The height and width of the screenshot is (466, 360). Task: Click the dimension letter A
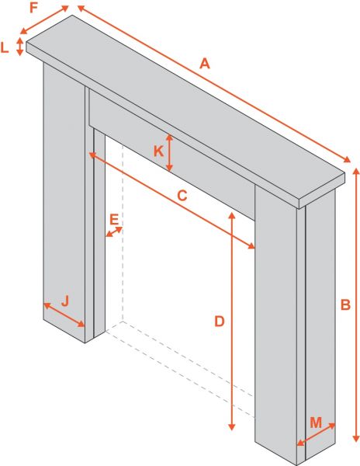pyautogui.click(x=205, y=64)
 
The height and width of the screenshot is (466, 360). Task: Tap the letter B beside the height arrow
pyautogui.click(x=345, y=305)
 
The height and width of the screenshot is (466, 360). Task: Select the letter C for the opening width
pyautogui.click(x=182, y=196)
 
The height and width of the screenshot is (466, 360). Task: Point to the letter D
pyautogui.click(x=220, y=322)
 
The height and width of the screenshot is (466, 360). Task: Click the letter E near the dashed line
pyautogui.click(x=114, y=220)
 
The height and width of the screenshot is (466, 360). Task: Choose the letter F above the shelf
pyautogui.click(x=34, y=8)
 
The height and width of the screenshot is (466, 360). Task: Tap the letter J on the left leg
pyautogui.click(x=65, y=301)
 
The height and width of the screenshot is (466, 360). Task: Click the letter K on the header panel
pyautogui.click(x=159, y=151)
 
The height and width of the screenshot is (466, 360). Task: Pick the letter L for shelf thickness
pyautogui.click(x=5, y=47)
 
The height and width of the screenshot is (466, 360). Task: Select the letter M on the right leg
pyautogui.click(x=316, y=423)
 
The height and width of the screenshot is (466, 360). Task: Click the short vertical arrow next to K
pyautogui.click(x=169, y=153)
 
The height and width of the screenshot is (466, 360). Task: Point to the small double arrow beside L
pyautogui.click(x=19, y=47)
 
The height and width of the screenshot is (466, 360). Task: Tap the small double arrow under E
pyautogui.click(x=114, y=231)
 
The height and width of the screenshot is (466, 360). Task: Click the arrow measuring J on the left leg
pyautogui.click(x=64, y=315)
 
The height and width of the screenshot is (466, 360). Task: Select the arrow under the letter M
pyautogui.click(x=316, y=434)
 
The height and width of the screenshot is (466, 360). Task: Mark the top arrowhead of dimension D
pyautogui.click(x=232, y=215)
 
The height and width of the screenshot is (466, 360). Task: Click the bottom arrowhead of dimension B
pyautogui.click(x=355, y=439)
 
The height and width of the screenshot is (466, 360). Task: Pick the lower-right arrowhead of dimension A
pyautogui.click(x=347, y=160)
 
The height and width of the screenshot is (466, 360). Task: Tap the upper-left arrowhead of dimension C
pyautogui.click(x=92, y=155)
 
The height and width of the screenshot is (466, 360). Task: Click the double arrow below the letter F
pyautogui.click(x=44, y=20)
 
